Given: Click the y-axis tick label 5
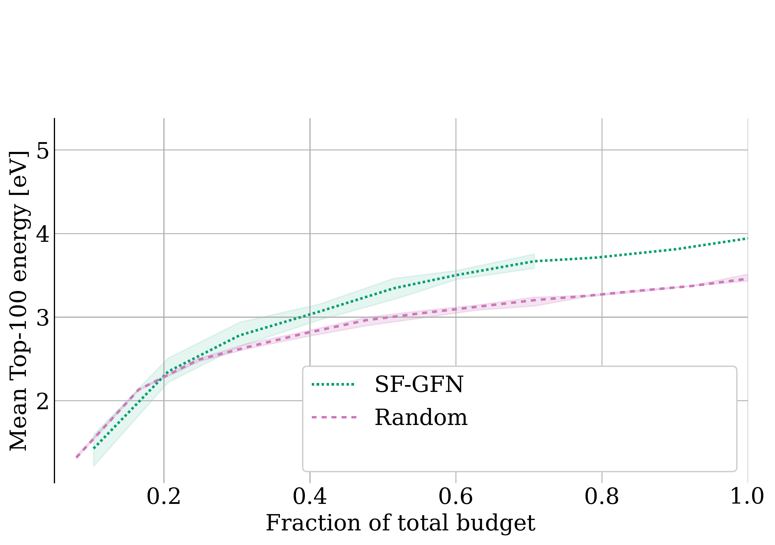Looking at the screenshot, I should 43,150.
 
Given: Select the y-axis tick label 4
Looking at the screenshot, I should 43,234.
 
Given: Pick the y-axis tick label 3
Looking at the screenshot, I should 43,317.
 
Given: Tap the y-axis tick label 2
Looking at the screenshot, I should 43,401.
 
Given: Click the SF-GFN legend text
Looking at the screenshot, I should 419,384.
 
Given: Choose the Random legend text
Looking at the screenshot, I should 421,418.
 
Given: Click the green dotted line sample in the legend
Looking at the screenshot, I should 334,384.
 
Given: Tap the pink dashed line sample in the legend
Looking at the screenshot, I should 334,418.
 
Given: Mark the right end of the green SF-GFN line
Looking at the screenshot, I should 747,239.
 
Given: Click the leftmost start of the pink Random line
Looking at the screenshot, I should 77,457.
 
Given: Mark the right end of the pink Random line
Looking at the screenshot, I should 747,279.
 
